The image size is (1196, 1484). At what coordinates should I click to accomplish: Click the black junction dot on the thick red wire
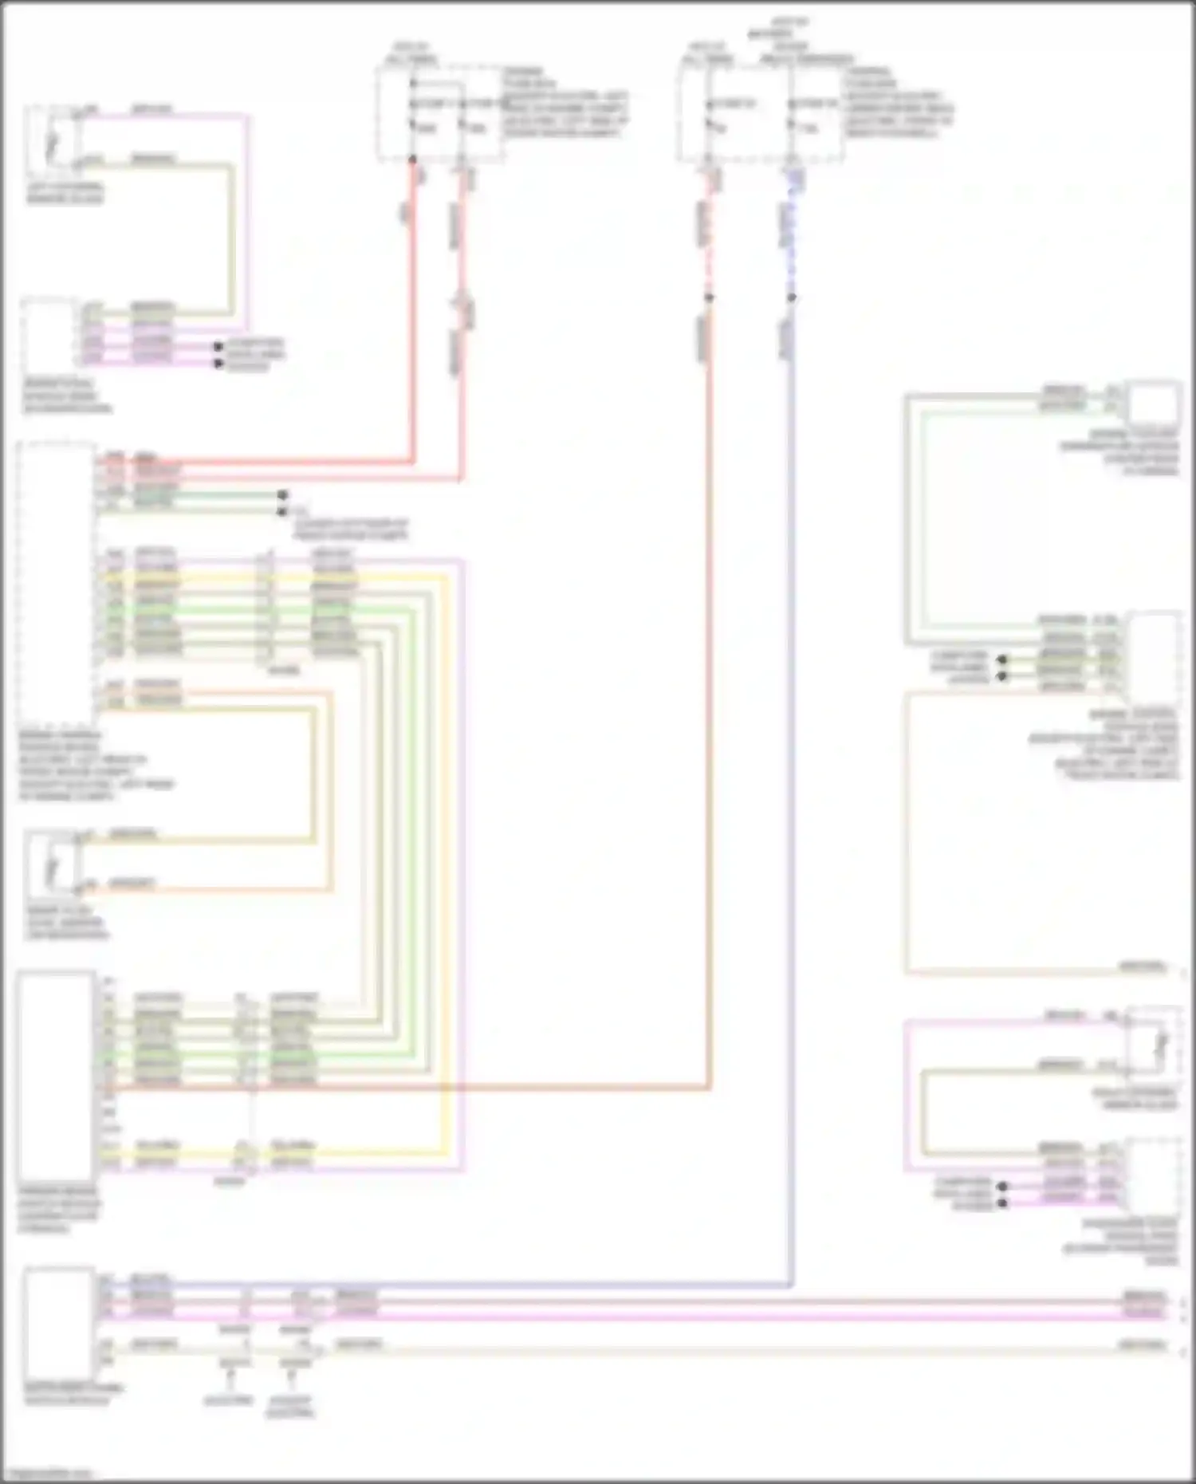coord(413,159)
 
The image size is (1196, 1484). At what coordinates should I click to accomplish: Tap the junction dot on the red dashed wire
coord(709,297)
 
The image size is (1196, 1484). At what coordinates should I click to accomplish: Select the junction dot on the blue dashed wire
coord(792,297)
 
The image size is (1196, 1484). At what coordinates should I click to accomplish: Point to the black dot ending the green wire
coord(282,495)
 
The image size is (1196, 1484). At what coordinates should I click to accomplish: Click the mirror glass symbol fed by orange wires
coord(53,864)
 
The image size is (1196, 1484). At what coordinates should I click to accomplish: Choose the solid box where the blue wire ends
coord(58,1322)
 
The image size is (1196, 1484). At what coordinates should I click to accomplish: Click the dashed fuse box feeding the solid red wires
coord(439,114)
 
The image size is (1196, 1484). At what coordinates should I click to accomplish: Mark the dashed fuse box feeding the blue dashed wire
coord(761,114)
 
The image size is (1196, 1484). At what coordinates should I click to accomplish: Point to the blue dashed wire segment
coord(791,239)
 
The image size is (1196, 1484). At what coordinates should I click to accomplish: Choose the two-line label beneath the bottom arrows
coord(290,1407)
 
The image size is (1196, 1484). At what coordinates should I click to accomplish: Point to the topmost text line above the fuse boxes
coord(789,22)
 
